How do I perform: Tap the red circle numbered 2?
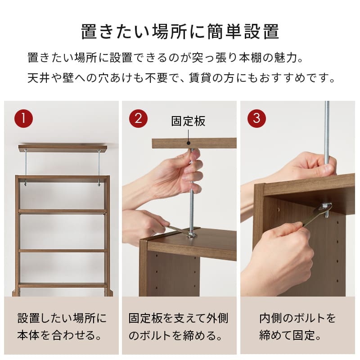click(x=138, y=119)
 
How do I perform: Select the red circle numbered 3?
click(x=256, y=119)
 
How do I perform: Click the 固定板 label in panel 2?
click(x=188, y=121)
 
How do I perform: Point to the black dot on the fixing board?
click(x=188, y=143)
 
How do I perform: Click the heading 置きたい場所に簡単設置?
click(x=180, y=32)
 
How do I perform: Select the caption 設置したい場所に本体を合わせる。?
click(x=62, y=327)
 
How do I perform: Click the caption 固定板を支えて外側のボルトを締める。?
click(x=179, y=327)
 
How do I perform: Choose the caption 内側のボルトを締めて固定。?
click(x=297, y=327)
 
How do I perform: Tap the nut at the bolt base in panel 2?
click(x=193, y=234)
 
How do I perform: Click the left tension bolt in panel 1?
click(x=26, y=166)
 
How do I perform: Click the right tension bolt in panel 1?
click(x=99, y=166)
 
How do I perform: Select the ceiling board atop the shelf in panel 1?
click(x=63, y=148)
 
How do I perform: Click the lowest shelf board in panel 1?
click(x=63, y=285)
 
